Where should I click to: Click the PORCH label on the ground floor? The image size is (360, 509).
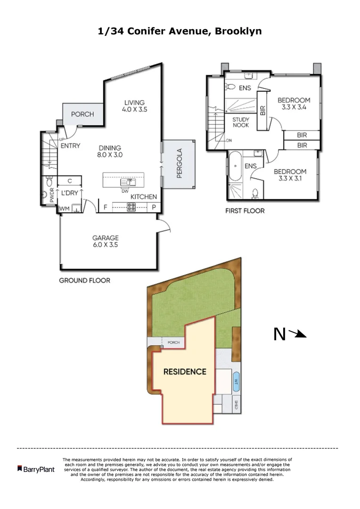click(x=82, y=114)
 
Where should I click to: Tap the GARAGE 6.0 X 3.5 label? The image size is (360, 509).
click(x=105, y=241)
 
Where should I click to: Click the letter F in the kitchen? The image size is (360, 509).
click(x=105, y=206)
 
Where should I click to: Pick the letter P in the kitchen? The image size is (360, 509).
click(x=154, y=206)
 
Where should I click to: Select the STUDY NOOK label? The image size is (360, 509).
click(x=241, y=123)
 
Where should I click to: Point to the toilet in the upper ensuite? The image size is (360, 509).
click(x=230, y=87)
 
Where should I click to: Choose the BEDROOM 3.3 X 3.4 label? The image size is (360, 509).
click(x=294, y=103)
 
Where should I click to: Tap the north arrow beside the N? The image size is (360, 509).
click(x=297, y=334)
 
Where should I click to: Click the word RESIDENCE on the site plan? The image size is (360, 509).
click(x=185, y=372)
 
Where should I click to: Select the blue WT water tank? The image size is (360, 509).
click(x=236, y=381)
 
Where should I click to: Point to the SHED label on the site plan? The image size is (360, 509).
click(x=236, y=404)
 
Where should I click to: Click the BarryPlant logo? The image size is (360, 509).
click(x=36, y=469)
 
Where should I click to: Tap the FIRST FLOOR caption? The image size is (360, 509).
click(x=245, y=211)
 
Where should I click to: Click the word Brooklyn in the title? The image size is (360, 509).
click(x=238, y=31)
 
